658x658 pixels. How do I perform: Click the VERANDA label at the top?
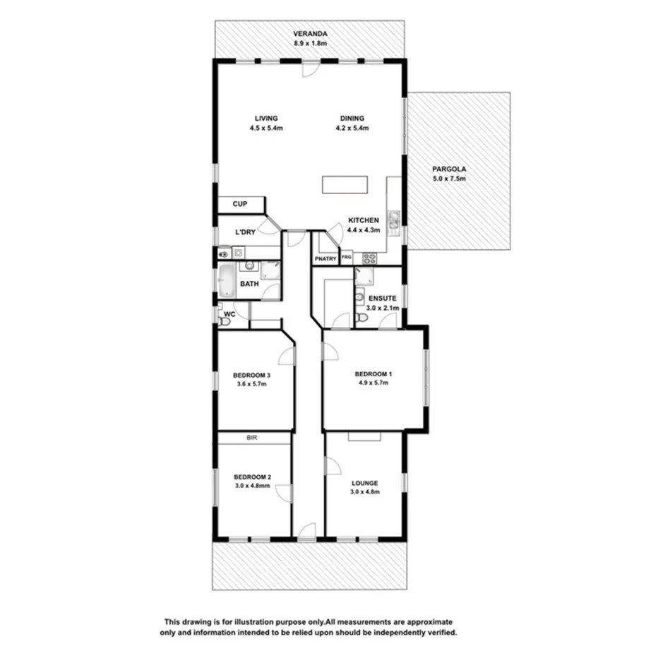[x=311, y=32]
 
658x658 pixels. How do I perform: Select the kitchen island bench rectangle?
[x=345, y=185]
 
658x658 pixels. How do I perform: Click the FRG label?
[x=347, y=258]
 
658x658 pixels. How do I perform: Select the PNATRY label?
[x=325, y=258]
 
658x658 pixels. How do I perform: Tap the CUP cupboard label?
[x=240, y=204]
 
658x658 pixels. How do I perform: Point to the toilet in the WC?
[x=225, y=321]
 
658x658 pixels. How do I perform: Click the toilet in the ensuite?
[x=361, y=318]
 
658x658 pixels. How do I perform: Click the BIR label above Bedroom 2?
[x=251, y=438]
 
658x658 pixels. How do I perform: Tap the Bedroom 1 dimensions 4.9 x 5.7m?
[x=372, y=383]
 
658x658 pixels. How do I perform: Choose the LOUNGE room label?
[x=365, y=483]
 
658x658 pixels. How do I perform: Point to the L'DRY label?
[x=245, y=232]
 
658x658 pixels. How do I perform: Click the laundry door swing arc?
[x=268, y=226]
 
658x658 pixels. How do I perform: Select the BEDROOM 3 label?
[x=252, y=375]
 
